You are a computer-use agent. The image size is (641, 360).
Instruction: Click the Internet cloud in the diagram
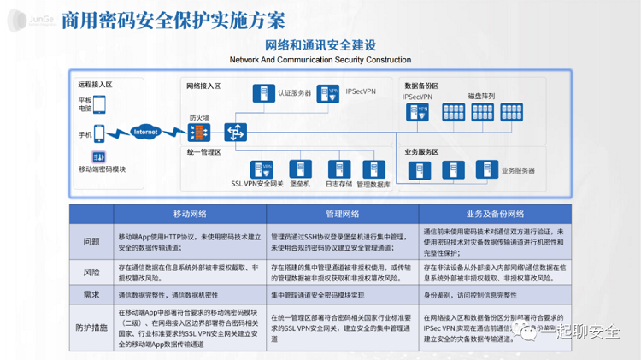coord(146,133)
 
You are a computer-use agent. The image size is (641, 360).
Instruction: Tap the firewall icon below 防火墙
coord(197,133)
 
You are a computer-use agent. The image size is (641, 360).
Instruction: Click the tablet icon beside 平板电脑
coord(99,104)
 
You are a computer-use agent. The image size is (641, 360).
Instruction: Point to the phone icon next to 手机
coord(99,134)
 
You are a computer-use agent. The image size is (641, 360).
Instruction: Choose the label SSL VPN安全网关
coord(258,184)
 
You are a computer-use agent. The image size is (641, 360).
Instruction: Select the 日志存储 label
coord(338,184)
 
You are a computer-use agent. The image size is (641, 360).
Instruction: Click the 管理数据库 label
coord(374,184)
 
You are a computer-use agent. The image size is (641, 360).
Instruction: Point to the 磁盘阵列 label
coord(481,96)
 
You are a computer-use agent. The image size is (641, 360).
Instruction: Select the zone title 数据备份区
coord(421,86)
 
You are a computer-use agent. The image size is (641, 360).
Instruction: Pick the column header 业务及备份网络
coord(494,214)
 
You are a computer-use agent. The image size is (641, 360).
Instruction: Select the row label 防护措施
coord(91,326)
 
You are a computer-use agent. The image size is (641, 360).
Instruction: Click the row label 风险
coord(91,272)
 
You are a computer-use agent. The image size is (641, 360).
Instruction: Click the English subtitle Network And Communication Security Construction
coord(320,60)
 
